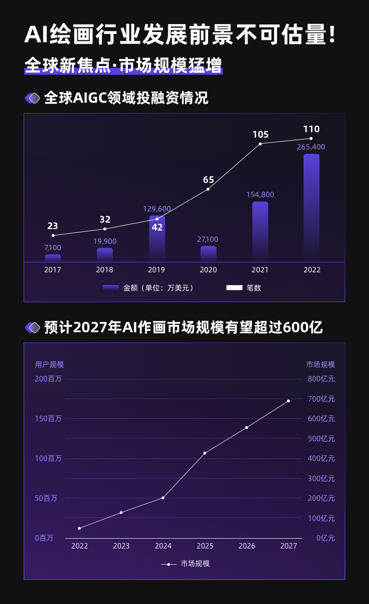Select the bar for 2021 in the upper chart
[260, 231]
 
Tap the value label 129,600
[157, 209]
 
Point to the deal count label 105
[260, 135]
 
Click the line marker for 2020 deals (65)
[208, 189]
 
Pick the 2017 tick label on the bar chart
[53, 270]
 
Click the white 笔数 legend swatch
[234, 288]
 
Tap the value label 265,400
[311, 147]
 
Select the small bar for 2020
[208, 254]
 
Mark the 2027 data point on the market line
[288, 401]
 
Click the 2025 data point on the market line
[205, 453]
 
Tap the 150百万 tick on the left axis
[48, 419]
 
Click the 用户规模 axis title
[49, 365]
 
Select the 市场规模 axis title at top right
[320, 365]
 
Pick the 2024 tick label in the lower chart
[163, 546]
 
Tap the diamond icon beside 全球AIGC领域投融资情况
[32, 98]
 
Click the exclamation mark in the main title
[333, 35]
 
